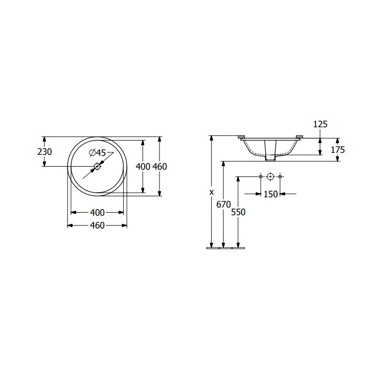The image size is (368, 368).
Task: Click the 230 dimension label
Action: point(44,152)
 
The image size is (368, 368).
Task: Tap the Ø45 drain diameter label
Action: point(98,153)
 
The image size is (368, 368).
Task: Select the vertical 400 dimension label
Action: point(143,167)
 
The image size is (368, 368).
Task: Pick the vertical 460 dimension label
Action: point(160,167)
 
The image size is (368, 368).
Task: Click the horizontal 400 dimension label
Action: point(97,213)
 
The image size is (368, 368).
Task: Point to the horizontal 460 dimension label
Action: point(97,225)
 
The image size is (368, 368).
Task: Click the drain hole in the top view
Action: point(97,167)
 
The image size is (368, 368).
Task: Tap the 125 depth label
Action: point(320,124)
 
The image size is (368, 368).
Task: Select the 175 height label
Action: point(338,150)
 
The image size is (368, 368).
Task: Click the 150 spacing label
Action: point(270,194)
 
